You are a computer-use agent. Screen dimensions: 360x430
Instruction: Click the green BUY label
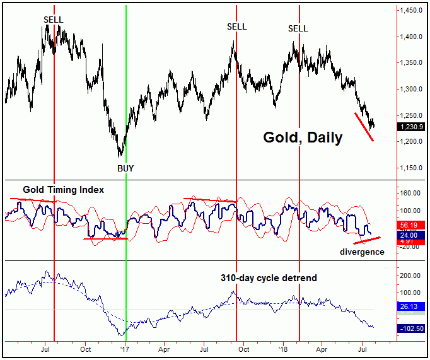click(x=126, y=168)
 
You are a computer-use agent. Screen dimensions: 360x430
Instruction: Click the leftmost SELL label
click(x=54, y=20)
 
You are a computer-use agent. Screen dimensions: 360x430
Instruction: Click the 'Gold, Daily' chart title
click(x=303, y=137)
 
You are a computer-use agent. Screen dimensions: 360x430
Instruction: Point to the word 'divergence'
click(x=362, y=252)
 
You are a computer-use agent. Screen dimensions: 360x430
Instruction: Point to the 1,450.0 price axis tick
click(x=411, y=11)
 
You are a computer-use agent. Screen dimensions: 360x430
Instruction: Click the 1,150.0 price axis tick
click(x=411, y=168)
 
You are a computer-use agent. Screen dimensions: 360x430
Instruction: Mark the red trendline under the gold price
click(x=366, y=127)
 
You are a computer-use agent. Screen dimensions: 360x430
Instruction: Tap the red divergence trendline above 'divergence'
click(x=367, y=240)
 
